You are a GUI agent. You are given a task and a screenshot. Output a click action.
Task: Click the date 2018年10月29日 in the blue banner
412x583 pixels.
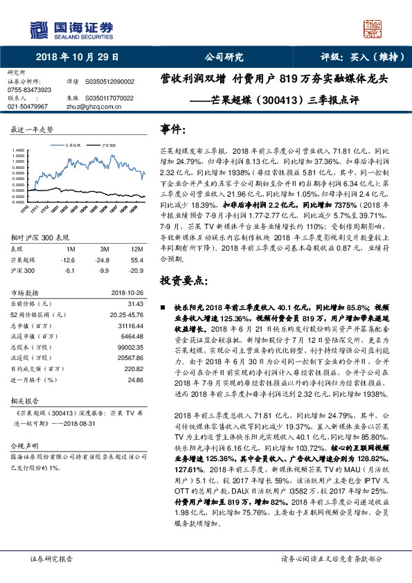pyautogui.click(x=72, y=57)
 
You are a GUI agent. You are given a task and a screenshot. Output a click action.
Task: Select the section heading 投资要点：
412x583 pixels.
pyautogui.click(x=183, y=280)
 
